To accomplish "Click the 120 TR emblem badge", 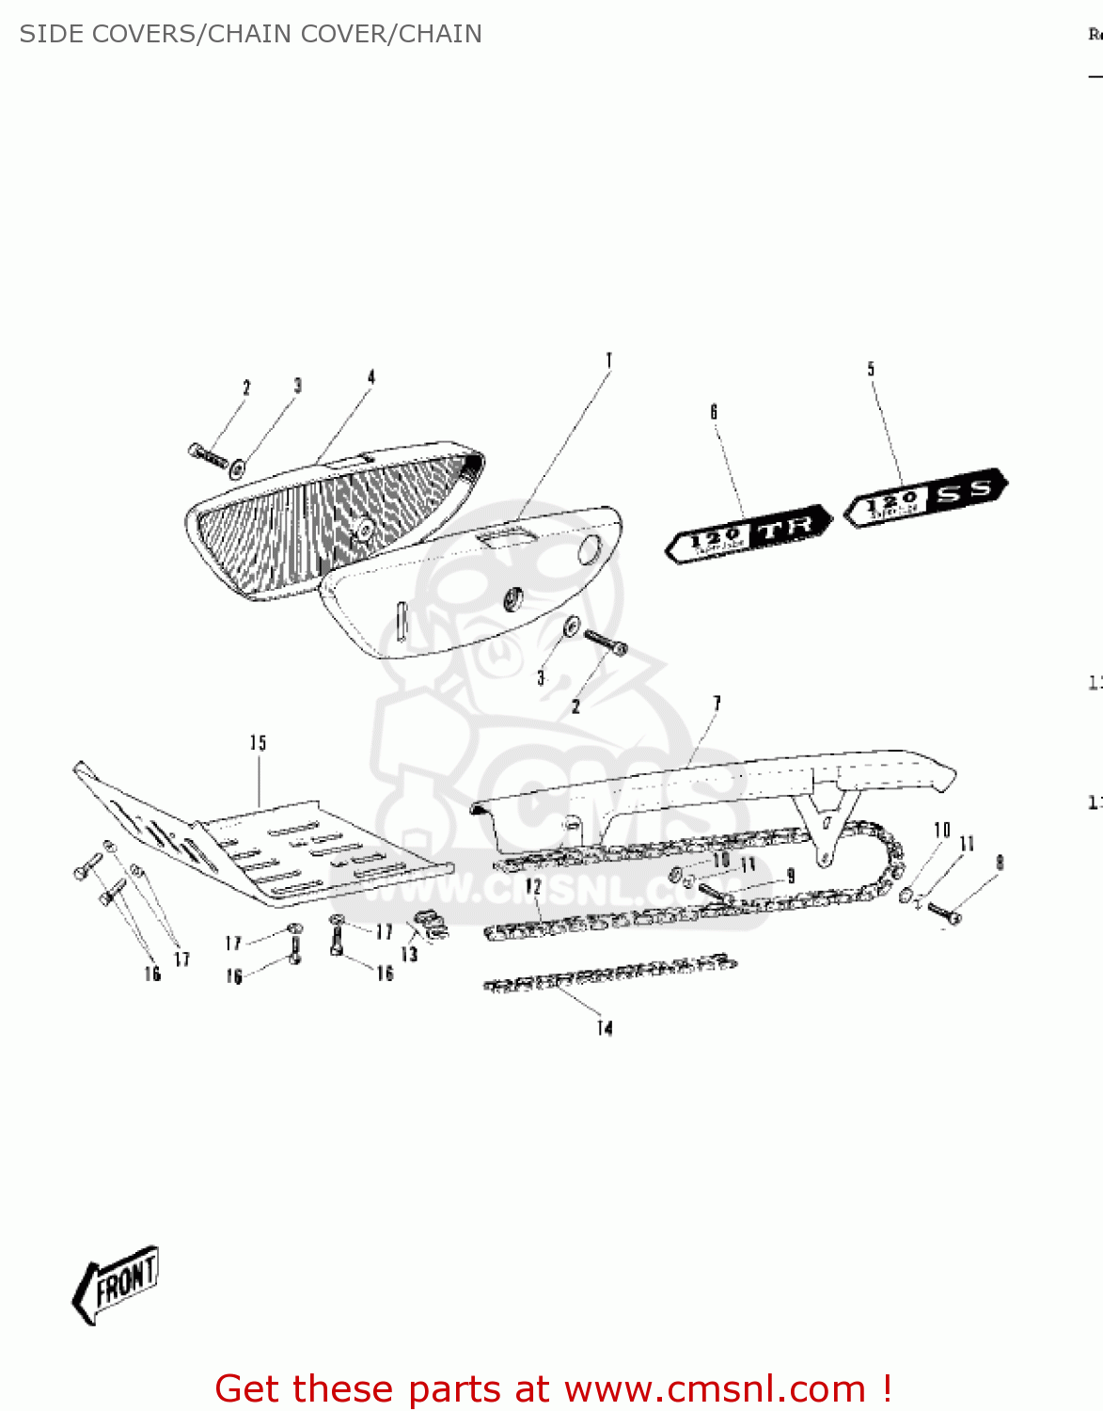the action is click(748, 534).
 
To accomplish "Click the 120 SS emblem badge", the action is click(926, 498).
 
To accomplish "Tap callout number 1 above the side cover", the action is click(609, 360).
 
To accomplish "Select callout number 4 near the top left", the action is click(371, 377).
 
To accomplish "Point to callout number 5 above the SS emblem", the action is click(871, 369).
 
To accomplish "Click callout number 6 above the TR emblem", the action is click(714, 411).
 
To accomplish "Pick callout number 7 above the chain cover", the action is click(717, 703).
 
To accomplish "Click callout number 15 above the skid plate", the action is click(258, 743).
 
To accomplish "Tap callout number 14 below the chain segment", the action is click(605, 1028).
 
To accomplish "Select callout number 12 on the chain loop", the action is click(533, 886).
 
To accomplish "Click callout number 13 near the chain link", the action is click(409, 954).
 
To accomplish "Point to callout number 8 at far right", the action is click(1000, 862).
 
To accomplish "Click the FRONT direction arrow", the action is click(117, 1285).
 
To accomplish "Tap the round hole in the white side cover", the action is click(590, 549).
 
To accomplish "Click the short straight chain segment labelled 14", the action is click(609, 974).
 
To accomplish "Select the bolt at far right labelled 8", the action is click(943, 911).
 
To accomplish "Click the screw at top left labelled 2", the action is click(208, 455).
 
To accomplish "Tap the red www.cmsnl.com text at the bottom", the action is click(715, 1388).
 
